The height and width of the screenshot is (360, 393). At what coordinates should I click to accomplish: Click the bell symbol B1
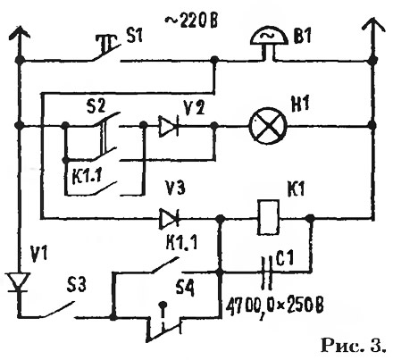[269, 42]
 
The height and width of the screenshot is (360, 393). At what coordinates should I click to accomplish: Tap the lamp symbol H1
[269, 126]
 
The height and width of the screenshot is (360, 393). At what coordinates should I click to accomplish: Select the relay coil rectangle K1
[269, 218]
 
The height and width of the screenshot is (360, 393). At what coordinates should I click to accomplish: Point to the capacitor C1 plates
[266, 272]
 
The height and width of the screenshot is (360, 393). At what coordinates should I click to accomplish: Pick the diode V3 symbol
[169, 219]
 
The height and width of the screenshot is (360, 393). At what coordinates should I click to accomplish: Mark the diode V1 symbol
[19, 281]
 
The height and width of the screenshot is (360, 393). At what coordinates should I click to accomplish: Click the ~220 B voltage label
[191, 21]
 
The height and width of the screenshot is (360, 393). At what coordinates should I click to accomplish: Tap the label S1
[134, 37]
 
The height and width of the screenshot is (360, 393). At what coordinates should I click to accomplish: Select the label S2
[96, 105]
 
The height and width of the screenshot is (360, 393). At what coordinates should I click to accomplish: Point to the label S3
[76, 285]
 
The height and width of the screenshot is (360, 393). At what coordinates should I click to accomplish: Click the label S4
[185, 288]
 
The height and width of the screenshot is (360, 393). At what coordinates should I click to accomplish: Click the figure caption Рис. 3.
[353, 345]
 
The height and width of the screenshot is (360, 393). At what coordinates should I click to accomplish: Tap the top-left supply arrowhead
[20, 32]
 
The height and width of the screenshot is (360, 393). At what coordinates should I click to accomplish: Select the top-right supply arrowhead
[373, 24]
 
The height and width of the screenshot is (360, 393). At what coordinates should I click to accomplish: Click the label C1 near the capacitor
[284, 258]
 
